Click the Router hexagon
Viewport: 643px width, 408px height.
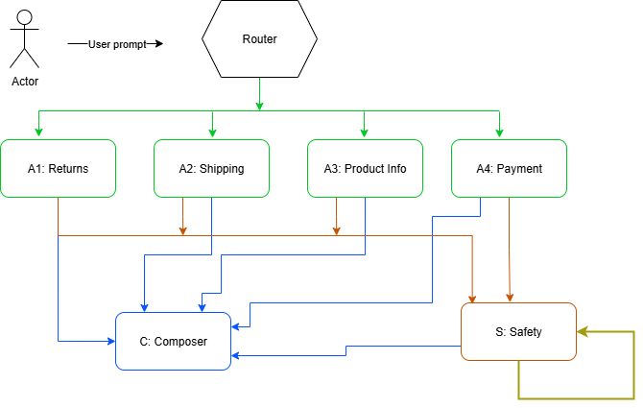pyautogui.click(x=259, y=40)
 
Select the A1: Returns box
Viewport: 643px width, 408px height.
pyautogui.click(x=58, y=169)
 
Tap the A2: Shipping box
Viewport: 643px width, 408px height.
pyautogui.click(x=211, y=169)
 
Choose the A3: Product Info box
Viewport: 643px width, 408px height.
pyautogui.click(x=365, y=169)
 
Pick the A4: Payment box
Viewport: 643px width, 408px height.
pyautogui.click(x=509, y=169)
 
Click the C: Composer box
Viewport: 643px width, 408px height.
pyautogui.click(x=174, y=341)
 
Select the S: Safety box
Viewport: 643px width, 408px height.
pyautogui.click(x=518, y=332)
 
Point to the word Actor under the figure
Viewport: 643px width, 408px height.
pyautogui.click(x=25, y=82)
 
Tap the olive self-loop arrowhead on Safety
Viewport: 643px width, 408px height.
pyautogui.click(x=583, y=332)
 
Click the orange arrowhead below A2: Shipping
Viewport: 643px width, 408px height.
pyautogui.click(x=182, y=230)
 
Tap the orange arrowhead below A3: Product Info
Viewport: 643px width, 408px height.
pyautogui.click(x=336, y=230)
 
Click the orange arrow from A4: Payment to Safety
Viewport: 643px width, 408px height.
pyautogui.click(x=509, y=250)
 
